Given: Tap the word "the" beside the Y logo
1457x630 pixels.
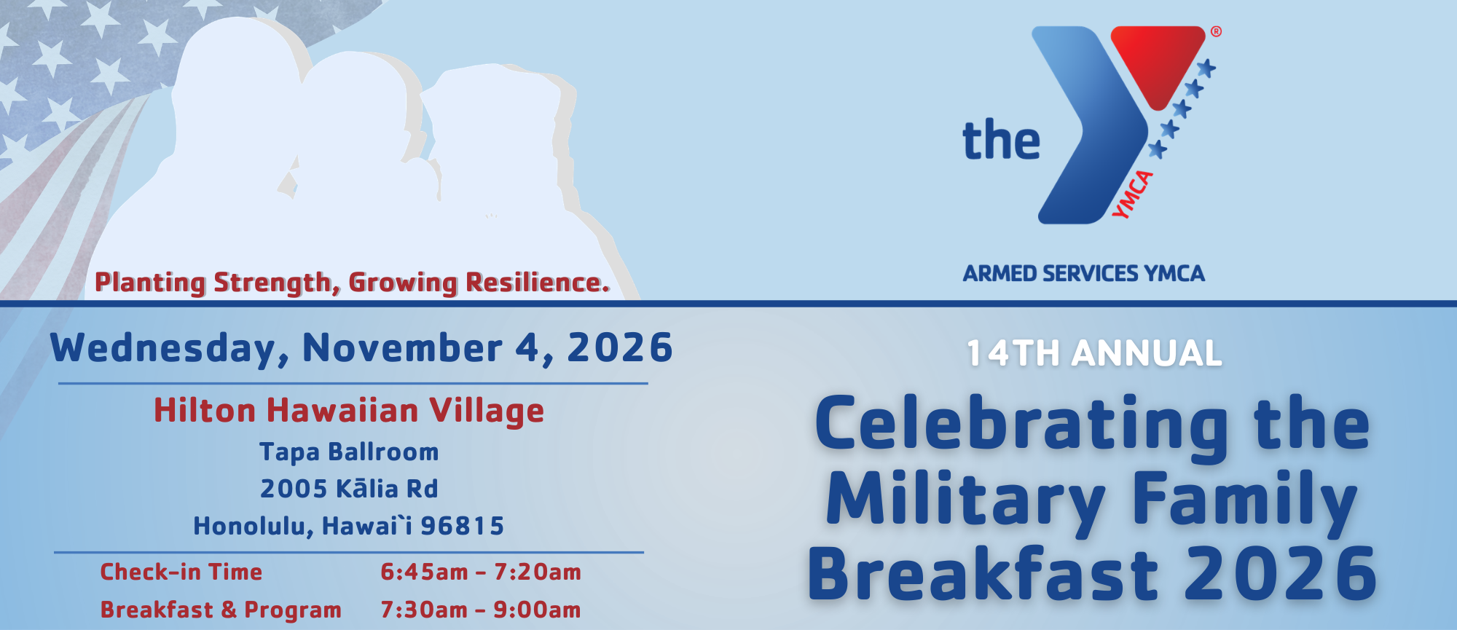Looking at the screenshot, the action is tap(1002, 140).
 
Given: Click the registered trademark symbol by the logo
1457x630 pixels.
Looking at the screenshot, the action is tap(1216, 32).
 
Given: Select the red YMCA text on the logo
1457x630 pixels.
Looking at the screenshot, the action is tap(1132, 194).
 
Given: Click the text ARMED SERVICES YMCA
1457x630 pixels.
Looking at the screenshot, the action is tap(1083, 274).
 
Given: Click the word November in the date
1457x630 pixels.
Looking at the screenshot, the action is tap(402, 347).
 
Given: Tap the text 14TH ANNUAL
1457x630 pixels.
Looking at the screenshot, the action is tap(1094, 353).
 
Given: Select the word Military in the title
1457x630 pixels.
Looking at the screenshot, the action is tap(966, 502).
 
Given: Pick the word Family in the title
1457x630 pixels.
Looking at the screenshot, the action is tap(1245, 502).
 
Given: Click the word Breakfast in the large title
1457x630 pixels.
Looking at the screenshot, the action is tap(983, 574).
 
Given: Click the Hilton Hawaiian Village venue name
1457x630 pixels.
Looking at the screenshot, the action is tap(349, 411).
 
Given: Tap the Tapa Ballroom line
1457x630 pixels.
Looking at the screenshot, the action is tap(349, 452).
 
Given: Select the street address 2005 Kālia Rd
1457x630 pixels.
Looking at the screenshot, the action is tap(349, 489).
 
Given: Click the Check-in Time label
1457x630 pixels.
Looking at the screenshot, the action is tap(181, 572).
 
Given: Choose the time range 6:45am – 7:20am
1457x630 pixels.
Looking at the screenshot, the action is tap(481, 572).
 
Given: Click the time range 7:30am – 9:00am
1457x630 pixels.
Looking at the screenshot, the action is tap(481, 610).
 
